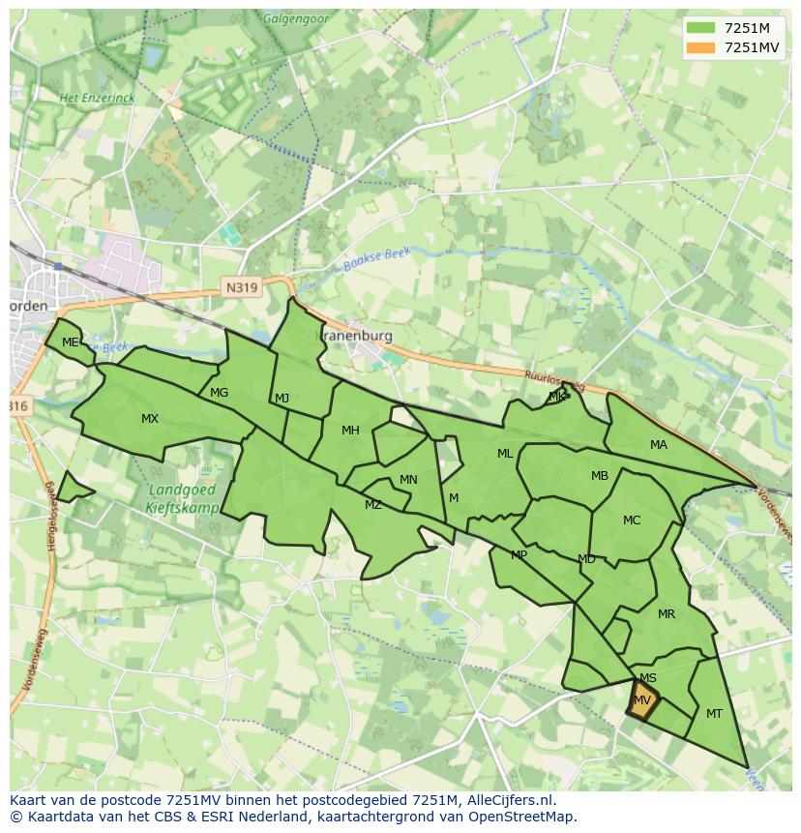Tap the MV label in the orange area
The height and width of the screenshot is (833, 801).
click(x=642, y=700)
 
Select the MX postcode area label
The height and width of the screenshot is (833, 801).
click(x=149, y=419)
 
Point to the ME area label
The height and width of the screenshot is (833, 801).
click(x=70, y=342)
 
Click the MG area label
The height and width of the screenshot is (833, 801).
click(x=219, y=393)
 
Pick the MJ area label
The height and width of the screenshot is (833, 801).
click(x=282, y=399)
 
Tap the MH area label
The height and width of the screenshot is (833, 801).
click(x=350, y=431)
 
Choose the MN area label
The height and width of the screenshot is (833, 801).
click(x=408, y=480)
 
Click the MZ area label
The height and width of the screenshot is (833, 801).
click(x=373, y=505)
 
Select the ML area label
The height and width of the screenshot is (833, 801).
click(x=505, y=454)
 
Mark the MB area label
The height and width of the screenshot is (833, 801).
click(x=600, y=476)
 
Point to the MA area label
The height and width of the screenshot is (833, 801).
click(x=659, y=445)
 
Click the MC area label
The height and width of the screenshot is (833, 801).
click(x=632, y=521)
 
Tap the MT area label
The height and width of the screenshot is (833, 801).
click(x=714, y=714)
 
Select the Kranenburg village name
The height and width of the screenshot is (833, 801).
click(x=358, y=336)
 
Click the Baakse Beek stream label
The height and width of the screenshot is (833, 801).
click(x=375, y=259)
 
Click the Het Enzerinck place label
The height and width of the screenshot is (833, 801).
click(x=96, y=99)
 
